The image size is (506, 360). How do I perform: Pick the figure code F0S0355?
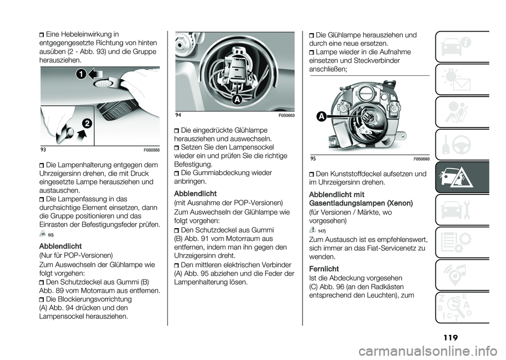[x=150, y=150]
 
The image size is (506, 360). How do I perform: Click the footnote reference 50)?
[x=51, y=235]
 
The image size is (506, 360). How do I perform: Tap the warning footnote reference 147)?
[x=321, y=231]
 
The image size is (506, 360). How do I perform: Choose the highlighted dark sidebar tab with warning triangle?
[x=462, y=177]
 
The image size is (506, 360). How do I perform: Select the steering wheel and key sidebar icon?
[x=462, y=144]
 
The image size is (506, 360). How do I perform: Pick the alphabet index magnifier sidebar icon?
[x=462, y=307]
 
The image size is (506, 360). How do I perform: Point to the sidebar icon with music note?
[x=462, y=275]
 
